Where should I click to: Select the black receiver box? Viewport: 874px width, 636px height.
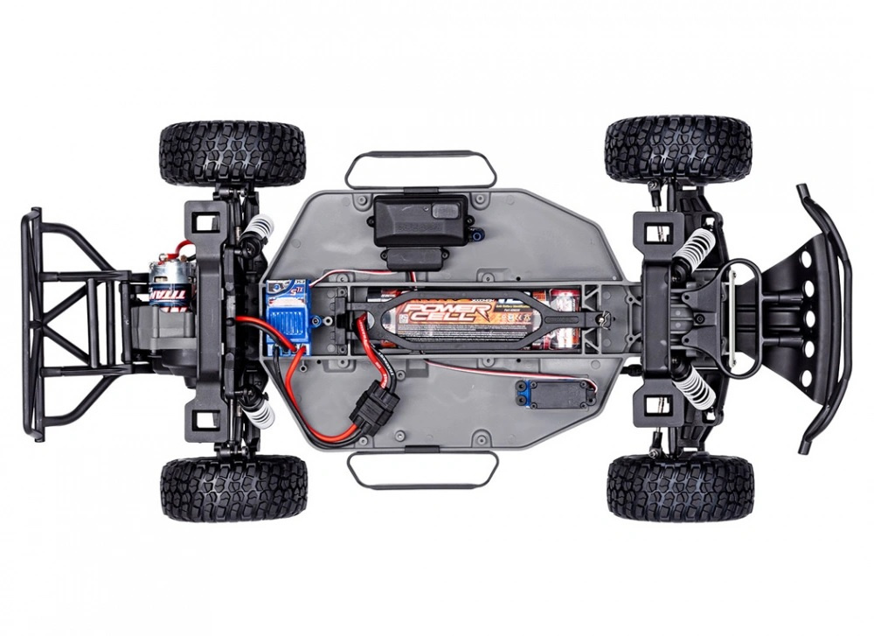418,220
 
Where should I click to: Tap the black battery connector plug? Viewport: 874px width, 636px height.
373,405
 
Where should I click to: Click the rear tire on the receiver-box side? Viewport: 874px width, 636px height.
232,154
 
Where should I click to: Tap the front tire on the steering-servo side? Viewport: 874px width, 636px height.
680,486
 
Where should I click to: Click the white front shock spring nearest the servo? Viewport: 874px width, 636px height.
700,386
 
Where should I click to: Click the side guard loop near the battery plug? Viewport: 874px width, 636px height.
423,471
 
